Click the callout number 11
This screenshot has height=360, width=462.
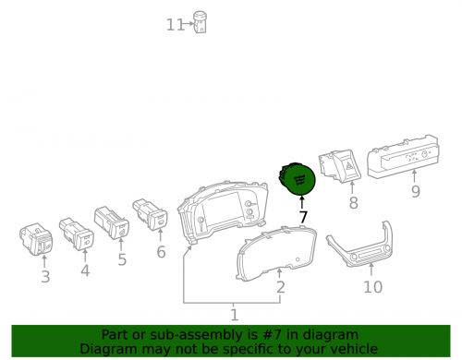point(176,25)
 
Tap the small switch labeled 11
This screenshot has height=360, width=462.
point(200,22)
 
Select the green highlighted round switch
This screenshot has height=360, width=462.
point(297,178)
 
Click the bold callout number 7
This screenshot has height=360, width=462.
point(303,217)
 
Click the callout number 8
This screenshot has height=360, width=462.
point(353,203)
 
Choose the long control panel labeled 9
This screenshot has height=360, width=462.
point(403,157)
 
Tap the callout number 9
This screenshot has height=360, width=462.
point(416,191)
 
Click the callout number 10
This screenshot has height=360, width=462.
point(372,287)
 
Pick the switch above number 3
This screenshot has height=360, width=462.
point(36,239)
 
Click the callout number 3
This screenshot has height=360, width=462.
point(45,277)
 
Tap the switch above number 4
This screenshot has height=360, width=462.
point(77,234)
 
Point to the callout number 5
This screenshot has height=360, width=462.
point(122,259)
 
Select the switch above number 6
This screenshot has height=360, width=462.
point(151,214)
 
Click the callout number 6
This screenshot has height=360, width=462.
point(161,252)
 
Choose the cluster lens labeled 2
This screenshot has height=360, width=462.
point(276,253)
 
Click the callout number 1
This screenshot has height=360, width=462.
point(235,315)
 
